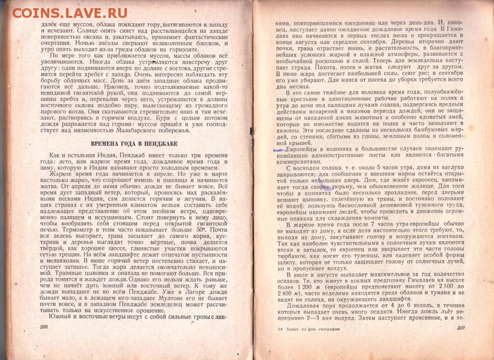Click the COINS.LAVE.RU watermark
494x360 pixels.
point(70,13)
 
